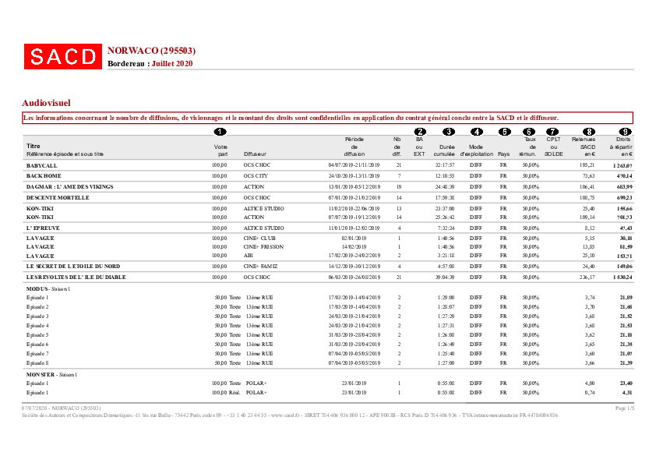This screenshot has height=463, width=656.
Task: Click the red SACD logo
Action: click(63, 56)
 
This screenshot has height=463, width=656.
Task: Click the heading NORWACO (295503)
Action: click(151, 51)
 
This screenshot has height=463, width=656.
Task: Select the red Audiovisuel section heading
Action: click(47, 102)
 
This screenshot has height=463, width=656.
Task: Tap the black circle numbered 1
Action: click(220, 132)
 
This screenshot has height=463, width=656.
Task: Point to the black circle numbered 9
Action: click(624, 132)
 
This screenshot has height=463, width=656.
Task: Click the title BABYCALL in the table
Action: click(41, 166)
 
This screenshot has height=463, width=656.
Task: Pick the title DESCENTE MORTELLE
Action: click(58, 199)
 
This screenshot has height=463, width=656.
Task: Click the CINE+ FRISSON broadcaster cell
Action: click(263, 246)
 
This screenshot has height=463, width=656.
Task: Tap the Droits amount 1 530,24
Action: click(622, 277)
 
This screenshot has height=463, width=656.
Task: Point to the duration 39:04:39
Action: click(444, 277)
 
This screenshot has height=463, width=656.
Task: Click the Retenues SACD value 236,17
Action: click(585, 277)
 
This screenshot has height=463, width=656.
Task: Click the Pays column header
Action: click(503, 154)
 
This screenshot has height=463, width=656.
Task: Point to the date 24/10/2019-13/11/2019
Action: click(354, 177)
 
